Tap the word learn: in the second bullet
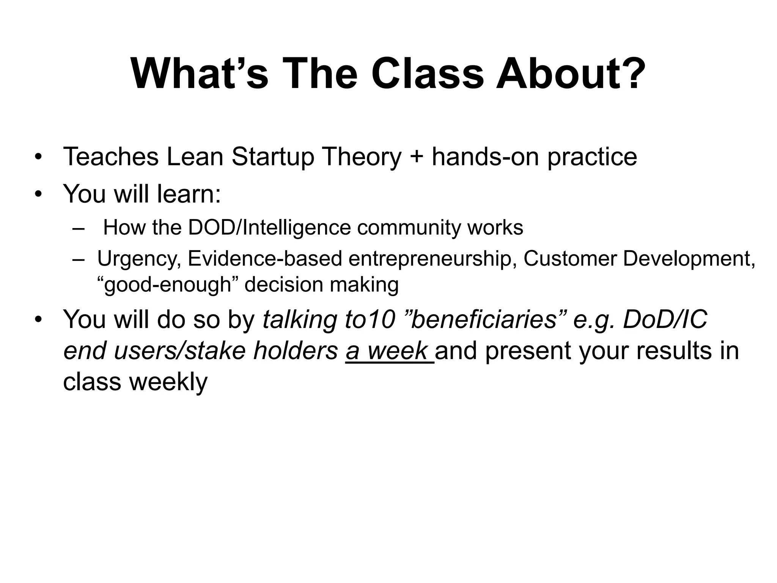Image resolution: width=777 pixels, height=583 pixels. (x=189, y=194)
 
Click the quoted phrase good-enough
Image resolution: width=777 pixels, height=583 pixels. (x=167, y=285)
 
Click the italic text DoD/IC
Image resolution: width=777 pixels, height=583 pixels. (x=665, y=319)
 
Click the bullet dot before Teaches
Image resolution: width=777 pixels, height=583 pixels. (x=38, y=157)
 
